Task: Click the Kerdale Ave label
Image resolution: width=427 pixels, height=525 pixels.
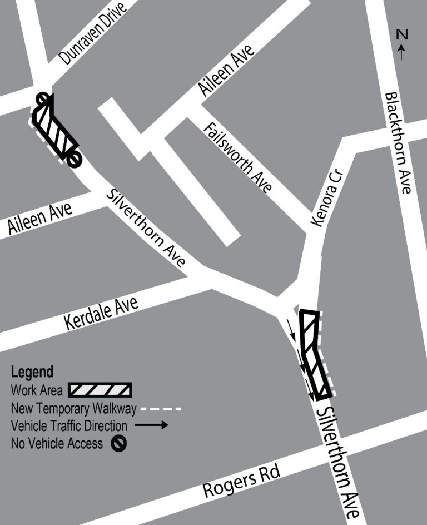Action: click(x=101, y=314)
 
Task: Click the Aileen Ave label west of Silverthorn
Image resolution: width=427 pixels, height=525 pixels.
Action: click(x=40, y=218)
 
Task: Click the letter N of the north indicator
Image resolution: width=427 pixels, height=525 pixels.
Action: click(x=402, y=34)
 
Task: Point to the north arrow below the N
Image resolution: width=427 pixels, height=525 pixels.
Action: click(x=401, y=52)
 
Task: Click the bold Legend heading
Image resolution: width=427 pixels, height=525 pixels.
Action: click(x=32, y=372)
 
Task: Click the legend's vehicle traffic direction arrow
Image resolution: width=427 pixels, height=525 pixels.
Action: click(x=151, y=425)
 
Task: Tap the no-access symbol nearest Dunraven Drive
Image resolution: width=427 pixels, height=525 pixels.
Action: click(x=43, y=99)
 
